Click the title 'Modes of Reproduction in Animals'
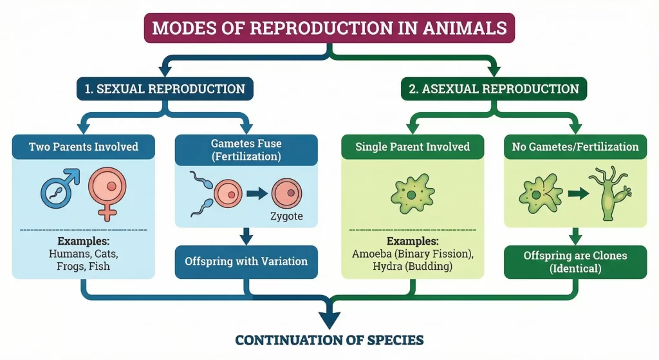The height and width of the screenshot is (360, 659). coord(329,28)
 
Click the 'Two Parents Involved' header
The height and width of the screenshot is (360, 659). coord(84,147)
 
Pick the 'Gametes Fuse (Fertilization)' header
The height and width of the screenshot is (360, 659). coord(246,149)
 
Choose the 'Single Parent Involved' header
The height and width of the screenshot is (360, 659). coord(413,147)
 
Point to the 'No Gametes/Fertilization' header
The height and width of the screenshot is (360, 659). coord(575,147)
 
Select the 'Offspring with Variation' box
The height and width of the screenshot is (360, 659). coord(246,261)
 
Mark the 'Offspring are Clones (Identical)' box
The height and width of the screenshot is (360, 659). coord(575,262)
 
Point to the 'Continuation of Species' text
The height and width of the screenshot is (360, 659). coord(329,339)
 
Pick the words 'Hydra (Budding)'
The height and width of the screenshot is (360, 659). coord(412,266)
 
